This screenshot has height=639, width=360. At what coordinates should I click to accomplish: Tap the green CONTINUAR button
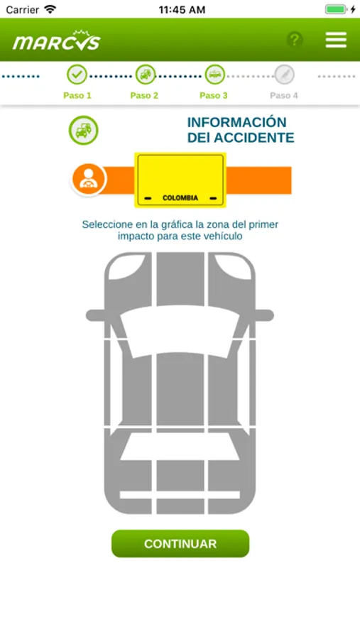[x=180, y=544]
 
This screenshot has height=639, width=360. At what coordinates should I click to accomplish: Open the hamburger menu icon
[x=336, y=40]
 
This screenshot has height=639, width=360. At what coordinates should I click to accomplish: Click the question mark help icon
[x=295, y=40]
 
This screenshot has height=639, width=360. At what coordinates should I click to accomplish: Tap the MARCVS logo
[x=57, y=40]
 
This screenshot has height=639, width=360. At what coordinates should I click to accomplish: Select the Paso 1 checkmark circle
[x=77, y=75]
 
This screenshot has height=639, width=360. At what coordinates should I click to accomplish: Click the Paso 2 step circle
[x=146, y=75]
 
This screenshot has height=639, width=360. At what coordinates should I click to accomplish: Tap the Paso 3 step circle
[x=215, y=75]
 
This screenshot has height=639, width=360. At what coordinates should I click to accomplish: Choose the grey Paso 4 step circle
[x=284, y=75]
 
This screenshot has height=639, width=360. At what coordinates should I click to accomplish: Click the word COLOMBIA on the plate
[x=180, y=198]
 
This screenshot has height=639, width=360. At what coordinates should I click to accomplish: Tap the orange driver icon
[x=89, y=180]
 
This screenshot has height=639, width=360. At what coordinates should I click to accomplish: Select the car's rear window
[x=180, y=447]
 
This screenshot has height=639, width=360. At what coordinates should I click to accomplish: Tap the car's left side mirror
[x=97, y=315]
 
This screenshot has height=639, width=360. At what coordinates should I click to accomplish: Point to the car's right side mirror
[x=263, y=315]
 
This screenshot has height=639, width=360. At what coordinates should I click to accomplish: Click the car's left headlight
[x=126, y=266]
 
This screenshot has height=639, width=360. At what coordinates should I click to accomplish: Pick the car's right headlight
[x=234, y=266]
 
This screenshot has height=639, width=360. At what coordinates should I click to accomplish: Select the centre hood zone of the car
[x=180, y=279]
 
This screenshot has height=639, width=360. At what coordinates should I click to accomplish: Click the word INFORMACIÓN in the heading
[x=237, y=122]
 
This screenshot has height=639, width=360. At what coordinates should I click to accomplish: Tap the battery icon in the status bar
[x=336, y=9]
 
